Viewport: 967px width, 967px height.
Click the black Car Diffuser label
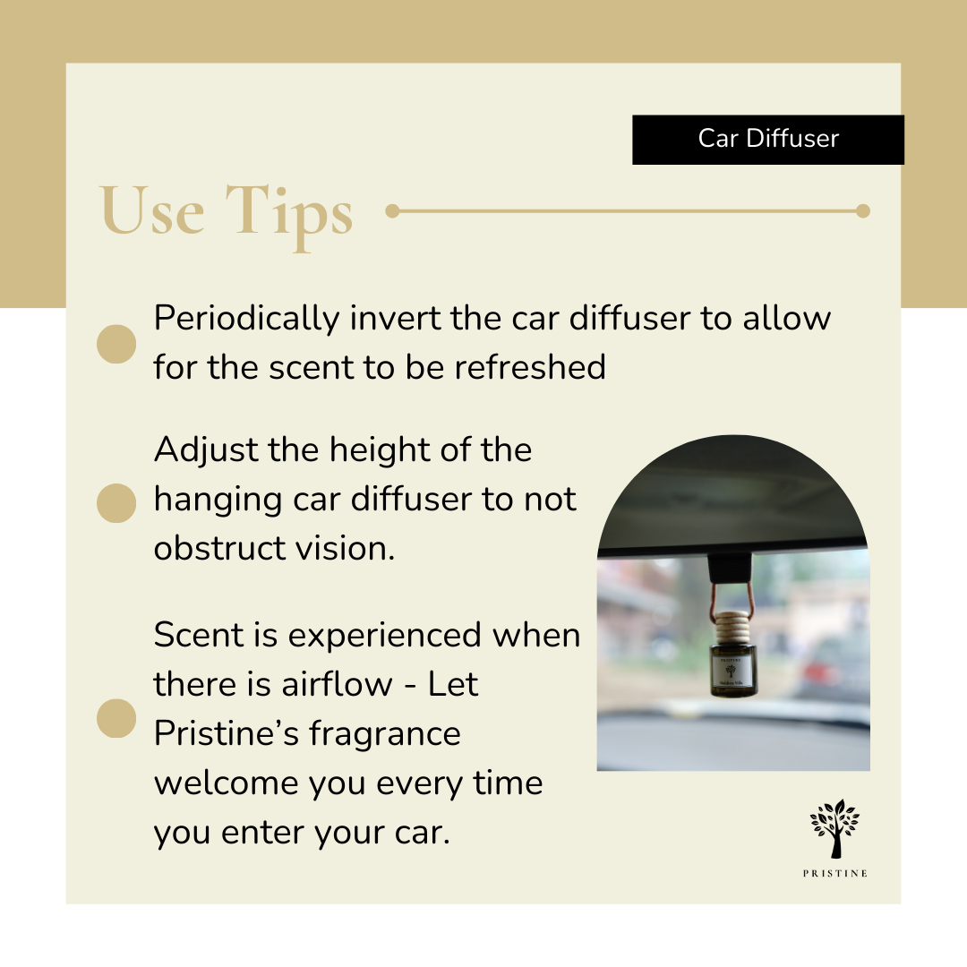click(767, 140)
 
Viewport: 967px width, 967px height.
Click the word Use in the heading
click(152, 211)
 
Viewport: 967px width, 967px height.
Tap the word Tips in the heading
click(289, 213)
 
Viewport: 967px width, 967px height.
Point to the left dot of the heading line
click(391, 211)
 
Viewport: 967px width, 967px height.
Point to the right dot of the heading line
click(862, 211)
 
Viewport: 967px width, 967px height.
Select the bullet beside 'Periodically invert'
click(116, 344)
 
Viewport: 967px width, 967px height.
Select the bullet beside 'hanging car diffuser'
click(116, 502)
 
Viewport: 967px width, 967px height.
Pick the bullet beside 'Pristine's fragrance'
click(116, 718)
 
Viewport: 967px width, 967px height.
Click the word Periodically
click(246, 319)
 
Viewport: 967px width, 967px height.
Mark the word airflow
click(339, 685)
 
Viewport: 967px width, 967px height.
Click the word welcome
click(227, 783)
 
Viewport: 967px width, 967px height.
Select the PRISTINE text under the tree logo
click(834, 874)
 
